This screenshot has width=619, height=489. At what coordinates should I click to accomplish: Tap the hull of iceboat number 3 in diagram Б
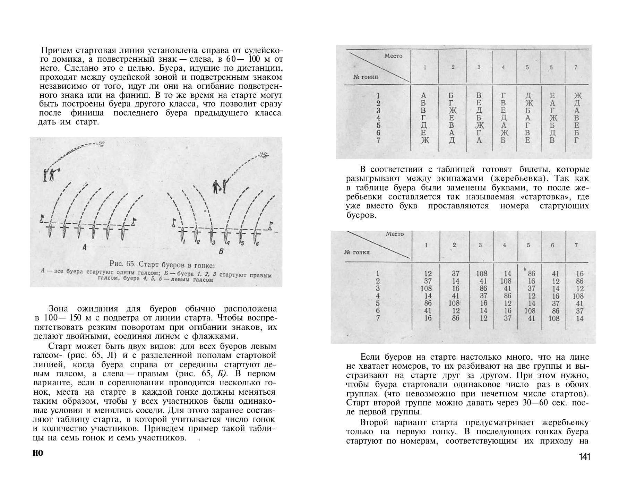tap(211, 235)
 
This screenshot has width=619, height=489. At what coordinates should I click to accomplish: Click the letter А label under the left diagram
tap(84, 247)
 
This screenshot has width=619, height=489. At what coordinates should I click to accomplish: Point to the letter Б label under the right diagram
tap(221, 251)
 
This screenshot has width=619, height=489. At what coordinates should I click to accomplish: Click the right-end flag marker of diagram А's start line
tap(134, 221)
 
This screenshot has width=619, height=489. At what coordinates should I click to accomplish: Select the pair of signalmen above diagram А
tap(49, 174)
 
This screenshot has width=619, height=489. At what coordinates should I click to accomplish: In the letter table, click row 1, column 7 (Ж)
tap(578, 96)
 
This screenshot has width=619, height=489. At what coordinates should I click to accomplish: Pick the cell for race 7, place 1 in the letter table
tap(425, 140)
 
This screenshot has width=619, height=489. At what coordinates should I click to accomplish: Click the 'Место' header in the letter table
tap(393, 56)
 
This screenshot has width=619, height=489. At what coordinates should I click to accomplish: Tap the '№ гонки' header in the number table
tap(357, 252)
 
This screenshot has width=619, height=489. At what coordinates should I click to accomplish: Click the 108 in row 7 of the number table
tap(554, 318)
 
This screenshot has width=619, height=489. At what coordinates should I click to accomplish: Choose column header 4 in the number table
tap(505, 245)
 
